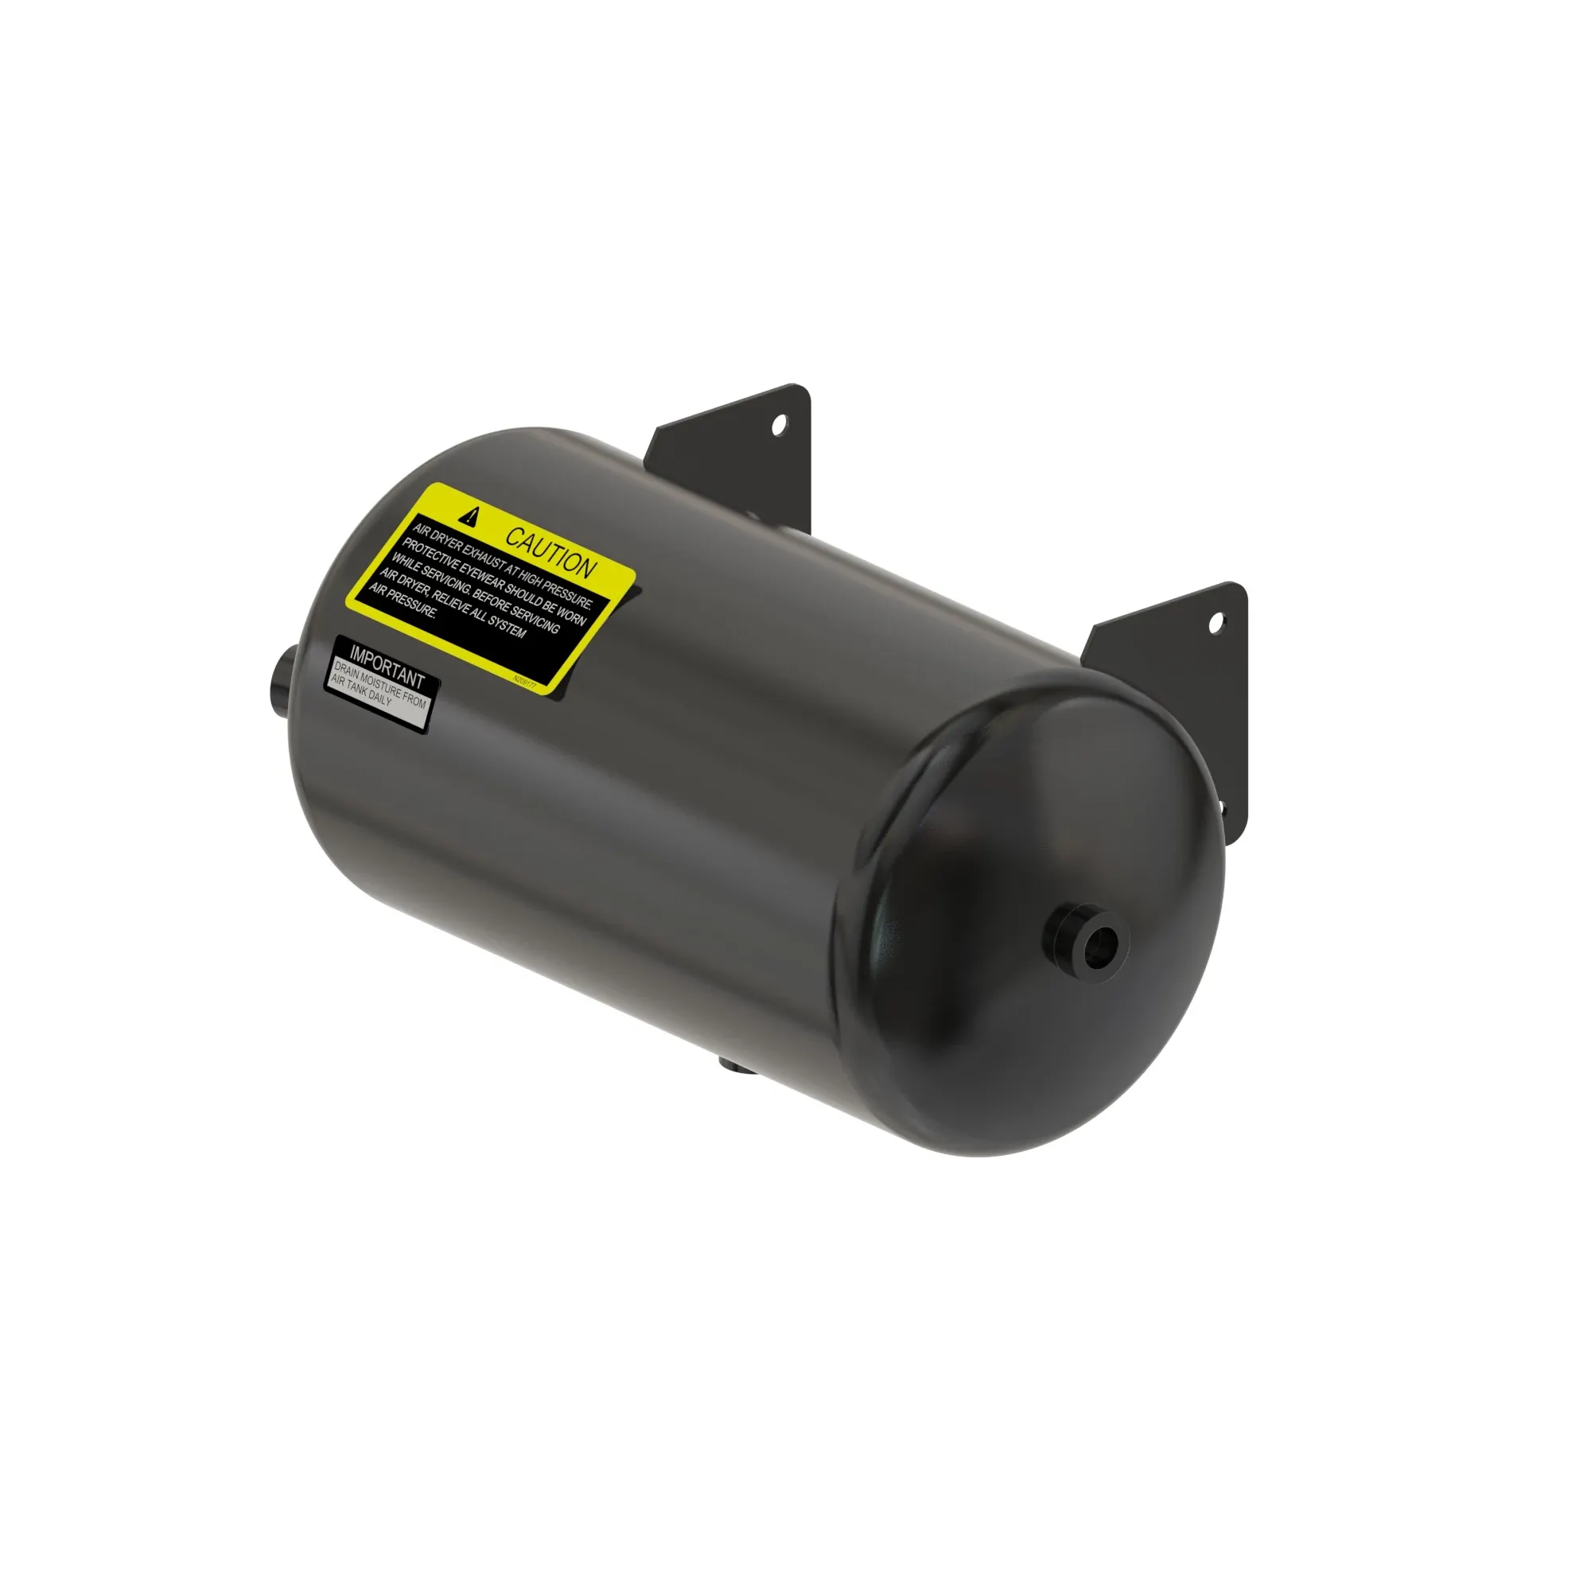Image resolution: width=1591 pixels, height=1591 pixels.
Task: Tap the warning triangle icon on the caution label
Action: point(470,516)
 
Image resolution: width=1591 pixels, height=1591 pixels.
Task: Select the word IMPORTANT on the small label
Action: point(387,665)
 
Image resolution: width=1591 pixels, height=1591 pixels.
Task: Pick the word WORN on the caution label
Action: point(570,614)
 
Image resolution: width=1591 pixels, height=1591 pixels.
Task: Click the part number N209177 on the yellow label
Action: point(524,681)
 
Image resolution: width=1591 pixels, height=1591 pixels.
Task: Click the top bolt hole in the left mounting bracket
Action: point(778,425)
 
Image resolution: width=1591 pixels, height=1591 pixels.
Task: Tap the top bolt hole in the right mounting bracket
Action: point(1216,624)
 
